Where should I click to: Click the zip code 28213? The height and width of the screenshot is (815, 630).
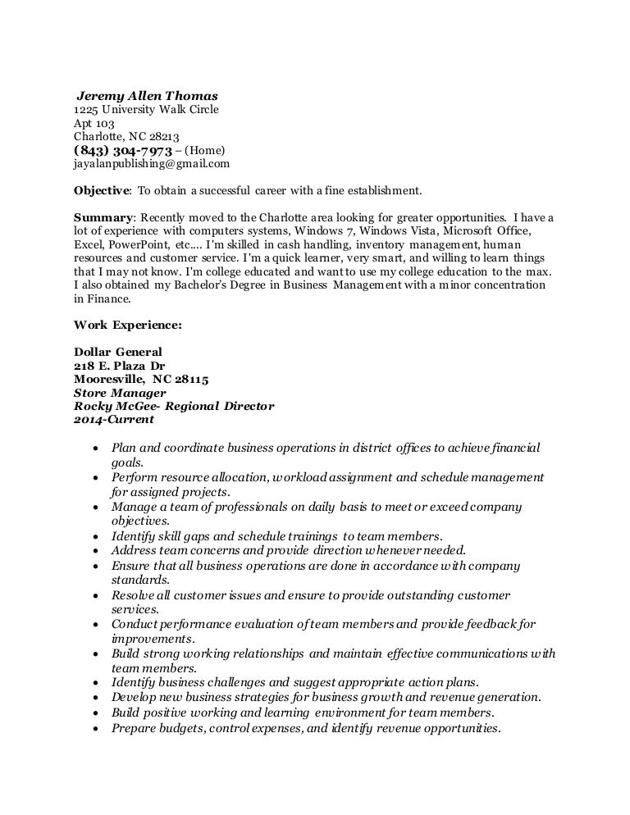[163, 136]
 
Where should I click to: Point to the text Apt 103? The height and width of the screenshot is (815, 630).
[94, 123]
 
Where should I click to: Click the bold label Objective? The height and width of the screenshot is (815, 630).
[102, 190]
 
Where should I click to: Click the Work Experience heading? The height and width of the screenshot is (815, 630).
[128, 324]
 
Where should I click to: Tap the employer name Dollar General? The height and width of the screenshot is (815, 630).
[118, 352]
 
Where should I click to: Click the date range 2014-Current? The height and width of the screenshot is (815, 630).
[113, 419]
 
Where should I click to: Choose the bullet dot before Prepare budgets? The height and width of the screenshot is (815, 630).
[98, 728]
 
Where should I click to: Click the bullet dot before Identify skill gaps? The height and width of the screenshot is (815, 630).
[98, 535]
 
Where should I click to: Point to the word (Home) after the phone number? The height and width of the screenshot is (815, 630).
[204, 151]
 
